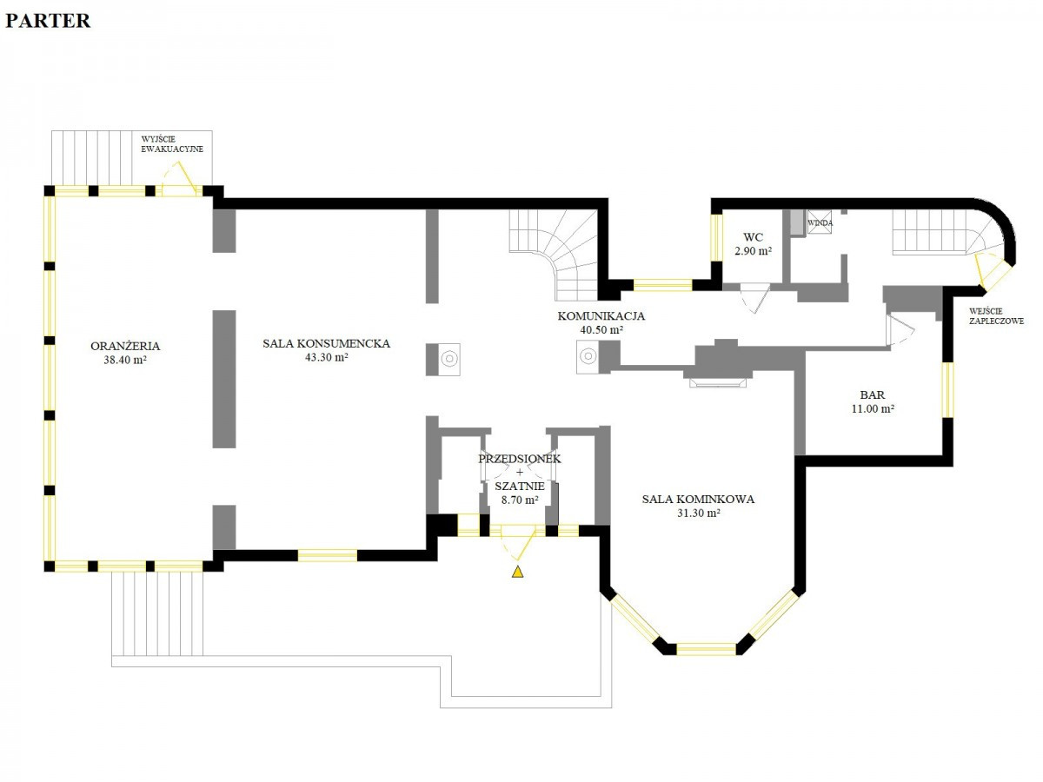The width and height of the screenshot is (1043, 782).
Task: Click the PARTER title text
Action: (48, 21)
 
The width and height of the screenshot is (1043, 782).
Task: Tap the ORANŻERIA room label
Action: (125, 346)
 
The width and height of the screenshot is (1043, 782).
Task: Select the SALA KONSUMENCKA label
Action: (326, 343)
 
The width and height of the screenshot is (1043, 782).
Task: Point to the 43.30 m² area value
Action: (326, 357)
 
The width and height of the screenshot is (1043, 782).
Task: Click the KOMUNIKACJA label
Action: (601, 315)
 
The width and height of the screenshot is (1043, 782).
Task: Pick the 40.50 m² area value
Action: (601, 329)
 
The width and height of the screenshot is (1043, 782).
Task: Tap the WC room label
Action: (753, 237)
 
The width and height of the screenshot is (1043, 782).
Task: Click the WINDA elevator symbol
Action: (820, 222)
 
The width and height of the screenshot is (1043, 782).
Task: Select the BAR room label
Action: (873, 394)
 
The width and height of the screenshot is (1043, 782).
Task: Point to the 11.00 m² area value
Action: (873, 408)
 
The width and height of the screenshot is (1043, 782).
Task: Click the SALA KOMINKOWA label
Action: (698, 499)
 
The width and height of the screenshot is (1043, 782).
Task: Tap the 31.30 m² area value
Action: (699, 513)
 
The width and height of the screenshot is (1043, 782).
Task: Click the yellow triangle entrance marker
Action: (517, 572)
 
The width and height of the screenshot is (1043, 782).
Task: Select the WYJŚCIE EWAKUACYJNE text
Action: (172, 144)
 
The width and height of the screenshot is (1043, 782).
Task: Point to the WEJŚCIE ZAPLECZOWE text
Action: (996, 316)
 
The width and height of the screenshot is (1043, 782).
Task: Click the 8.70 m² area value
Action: (520, 500)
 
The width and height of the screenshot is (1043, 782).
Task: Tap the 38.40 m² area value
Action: (125, 360)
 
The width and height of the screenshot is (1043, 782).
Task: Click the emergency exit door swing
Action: (179, 177)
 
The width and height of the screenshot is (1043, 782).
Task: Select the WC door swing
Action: (755, 298)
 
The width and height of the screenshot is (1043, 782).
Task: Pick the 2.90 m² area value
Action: (754, 251)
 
